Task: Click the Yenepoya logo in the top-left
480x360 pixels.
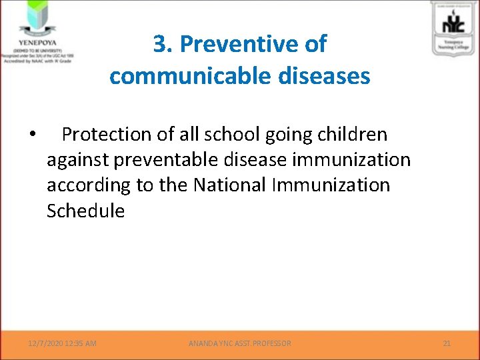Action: click(x=37, y=16)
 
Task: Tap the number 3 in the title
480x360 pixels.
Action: click(x=160, y=44)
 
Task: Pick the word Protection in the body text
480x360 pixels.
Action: click(x=107, y=135)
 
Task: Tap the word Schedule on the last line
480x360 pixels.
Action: click(x=85, y=211)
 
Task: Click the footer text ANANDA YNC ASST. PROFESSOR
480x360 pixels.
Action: click(x=239, y=343)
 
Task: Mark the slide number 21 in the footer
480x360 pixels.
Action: click(x=447, y=343)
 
